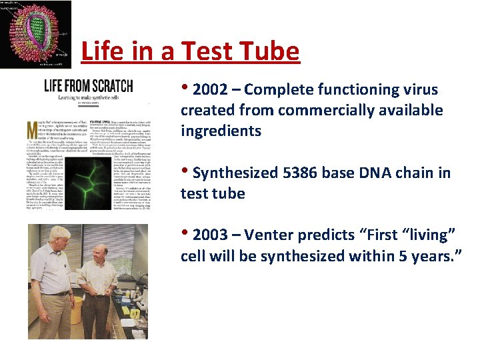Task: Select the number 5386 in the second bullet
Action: click(299, 173)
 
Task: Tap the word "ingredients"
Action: click(221, 131)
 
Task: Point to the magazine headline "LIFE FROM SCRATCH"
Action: click(88, 85)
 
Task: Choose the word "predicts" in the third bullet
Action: click(322, 235)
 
